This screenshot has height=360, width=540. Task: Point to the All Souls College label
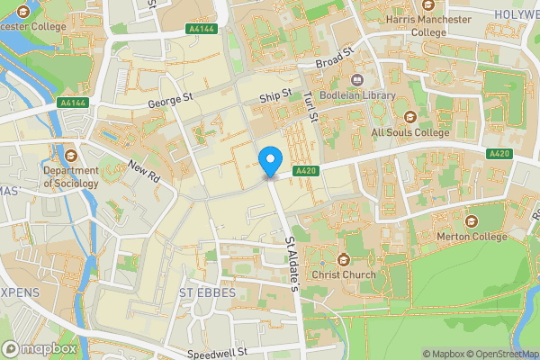pyautogui.click(x=409, y=132)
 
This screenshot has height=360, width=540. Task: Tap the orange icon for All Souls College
pyautogui.click(x=409, y=116)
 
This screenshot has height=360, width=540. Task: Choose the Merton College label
pyautogui.click(x=471, y=236)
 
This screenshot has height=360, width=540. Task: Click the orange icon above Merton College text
pyautogui.click(x=471, y=220)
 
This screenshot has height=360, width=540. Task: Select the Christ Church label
pyautogui.click(x=343, y=274)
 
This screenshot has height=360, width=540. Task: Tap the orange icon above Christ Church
pyautogui.click(x=343, y=258)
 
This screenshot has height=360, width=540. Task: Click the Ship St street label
pyautogui.click(x=275, y=95)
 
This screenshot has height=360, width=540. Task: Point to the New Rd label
pyautogui.click(x=143, y=171)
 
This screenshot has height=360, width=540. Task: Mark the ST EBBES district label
pyautogui.click(x=206, y=293)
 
